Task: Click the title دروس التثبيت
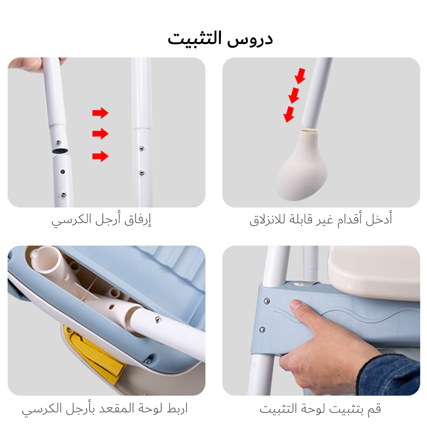tap(220, 39)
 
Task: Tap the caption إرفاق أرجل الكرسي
tap(101, 220)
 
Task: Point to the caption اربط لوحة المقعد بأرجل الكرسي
tap(105, 408)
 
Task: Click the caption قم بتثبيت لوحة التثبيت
tap(320, 408)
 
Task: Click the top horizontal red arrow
tap(100, 113)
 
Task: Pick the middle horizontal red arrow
tap(100, 134)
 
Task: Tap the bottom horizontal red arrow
tap(100, 156)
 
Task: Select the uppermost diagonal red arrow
tap(300, 76)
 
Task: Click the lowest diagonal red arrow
tap(289, 114)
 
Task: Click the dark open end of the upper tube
tap(60, 151)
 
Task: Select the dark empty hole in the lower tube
tap(63, 171)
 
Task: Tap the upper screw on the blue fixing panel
tap(267, 301)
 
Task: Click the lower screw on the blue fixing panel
tap(262, 330)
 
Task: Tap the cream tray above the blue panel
tap(374, 274)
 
